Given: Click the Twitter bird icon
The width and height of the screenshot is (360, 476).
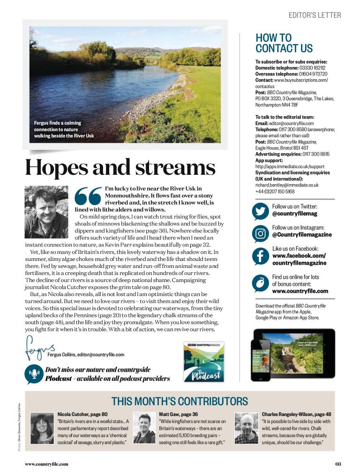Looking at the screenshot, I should tap(260, 211).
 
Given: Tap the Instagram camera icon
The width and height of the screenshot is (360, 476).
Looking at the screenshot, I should tap(260, 233).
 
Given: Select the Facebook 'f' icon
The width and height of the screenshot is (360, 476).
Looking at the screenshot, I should tap(260, 256).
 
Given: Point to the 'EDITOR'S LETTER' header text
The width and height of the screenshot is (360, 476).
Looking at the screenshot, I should tap(315, 15).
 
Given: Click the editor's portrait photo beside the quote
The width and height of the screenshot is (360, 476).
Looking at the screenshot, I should tap(46, 212).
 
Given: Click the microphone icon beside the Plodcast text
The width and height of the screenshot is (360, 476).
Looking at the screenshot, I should tap(34, 373).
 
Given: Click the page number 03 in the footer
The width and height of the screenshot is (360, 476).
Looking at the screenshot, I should tap(338, 464).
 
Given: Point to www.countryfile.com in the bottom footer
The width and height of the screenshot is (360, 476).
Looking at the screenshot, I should tap(46, 464).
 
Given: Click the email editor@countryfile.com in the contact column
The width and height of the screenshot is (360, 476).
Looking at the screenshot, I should tap(291, 123).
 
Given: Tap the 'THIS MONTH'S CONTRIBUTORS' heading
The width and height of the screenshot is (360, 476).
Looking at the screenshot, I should tap(180, 401).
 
